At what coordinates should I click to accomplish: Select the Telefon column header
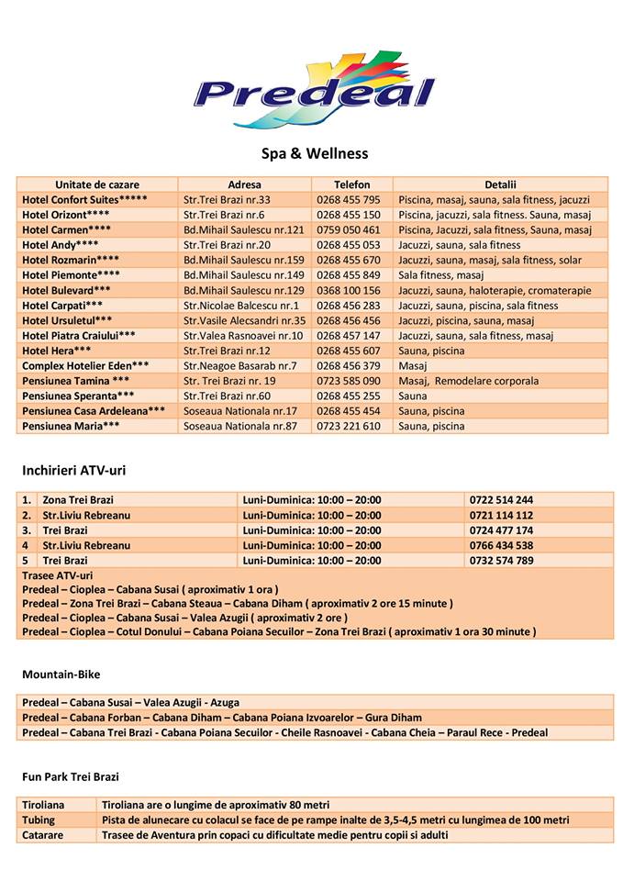coord(351,184)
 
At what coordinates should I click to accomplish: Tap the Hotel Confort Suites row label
coord(84,199)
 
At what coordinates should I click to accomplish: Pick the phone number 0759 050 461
coord(348,229)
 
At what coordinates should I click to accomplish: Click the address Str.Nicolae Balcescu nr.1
coord(241,306)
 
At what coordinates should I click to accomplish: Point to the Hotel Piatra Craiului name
coord(79,336)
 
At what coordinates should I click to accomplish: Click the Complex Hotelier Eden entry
coord(85,366)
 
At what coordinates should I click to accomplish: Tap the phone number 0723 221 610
coord(348,427)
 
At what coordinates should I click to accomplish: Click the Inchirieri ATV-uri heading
coord(73,471)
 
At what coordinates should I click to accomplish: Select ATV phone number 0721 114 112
coord(500,516)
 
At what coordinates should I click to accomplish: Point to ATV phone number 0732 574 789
coord(500,561)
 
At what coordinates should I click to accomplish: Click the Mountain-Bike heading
coord(61,675)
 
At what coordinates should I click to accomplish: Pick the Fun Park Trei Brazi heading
coord(71,777)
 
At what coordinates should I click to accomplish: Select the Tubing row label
coord(39,820)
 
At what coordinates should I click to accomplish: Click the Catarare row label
coord(43,835)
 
